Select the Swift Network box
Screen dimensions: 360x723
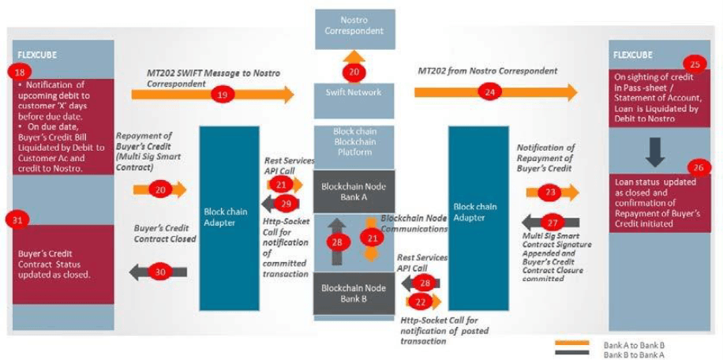354,92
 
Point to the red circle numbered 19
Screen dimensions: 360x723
222,95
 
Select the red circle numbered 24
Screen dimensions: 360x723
490,93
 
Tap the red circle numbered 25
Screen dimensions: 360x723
695,64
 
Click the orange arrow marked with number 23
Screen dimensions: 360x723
552,191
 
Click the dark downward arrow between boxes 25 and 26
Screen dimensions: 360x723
656,150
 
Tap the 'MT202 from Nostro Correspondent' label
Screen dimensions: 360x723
487,71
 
